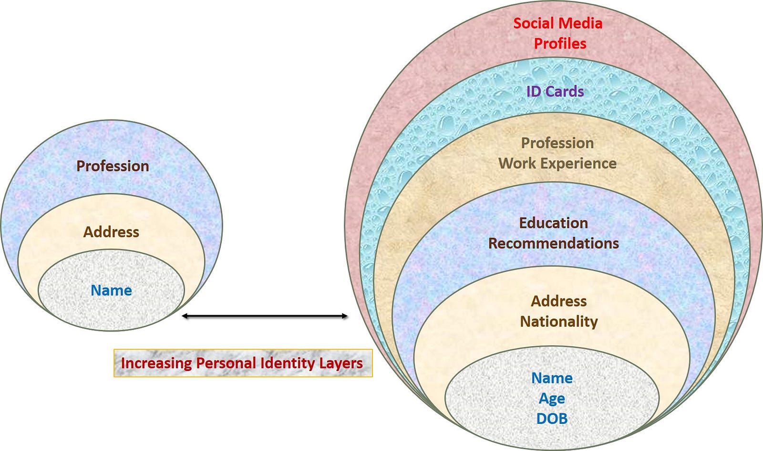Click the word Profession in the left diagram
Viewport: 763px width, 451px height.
(x=113, y=166)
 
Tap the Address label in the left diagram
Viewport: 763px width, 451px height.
(x=111, y=232)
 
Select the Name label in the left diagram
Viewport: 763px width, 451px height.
(x=111, y=290)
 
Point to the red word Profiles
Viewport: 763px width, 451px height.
(x=560, y=43)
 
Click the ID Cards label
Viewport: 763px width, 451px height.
(x=555, y=91)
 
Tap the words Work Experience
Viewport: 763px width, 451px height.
(x=557, y=163)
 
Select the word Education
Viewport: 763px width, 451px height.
(x=553, y=223)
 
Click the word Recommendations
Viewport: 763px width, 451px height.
(x=553, y=243)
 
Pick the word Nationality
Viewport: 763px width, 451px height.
(x=558, y=321)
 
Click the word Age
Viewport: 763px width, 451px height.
(x=552, y=398)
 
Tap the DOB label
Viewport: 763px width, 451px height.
(x=552, y=419)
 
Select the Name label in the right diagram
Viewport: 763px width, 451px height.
(x=552, y=378)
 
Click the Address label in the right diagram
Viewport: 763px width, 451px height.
(x=559, y=301)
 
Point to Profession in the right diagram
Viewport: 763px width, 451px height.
(x=557, y=143)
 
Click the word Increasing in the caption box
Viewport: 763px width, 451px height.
(x=156, y=363)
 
